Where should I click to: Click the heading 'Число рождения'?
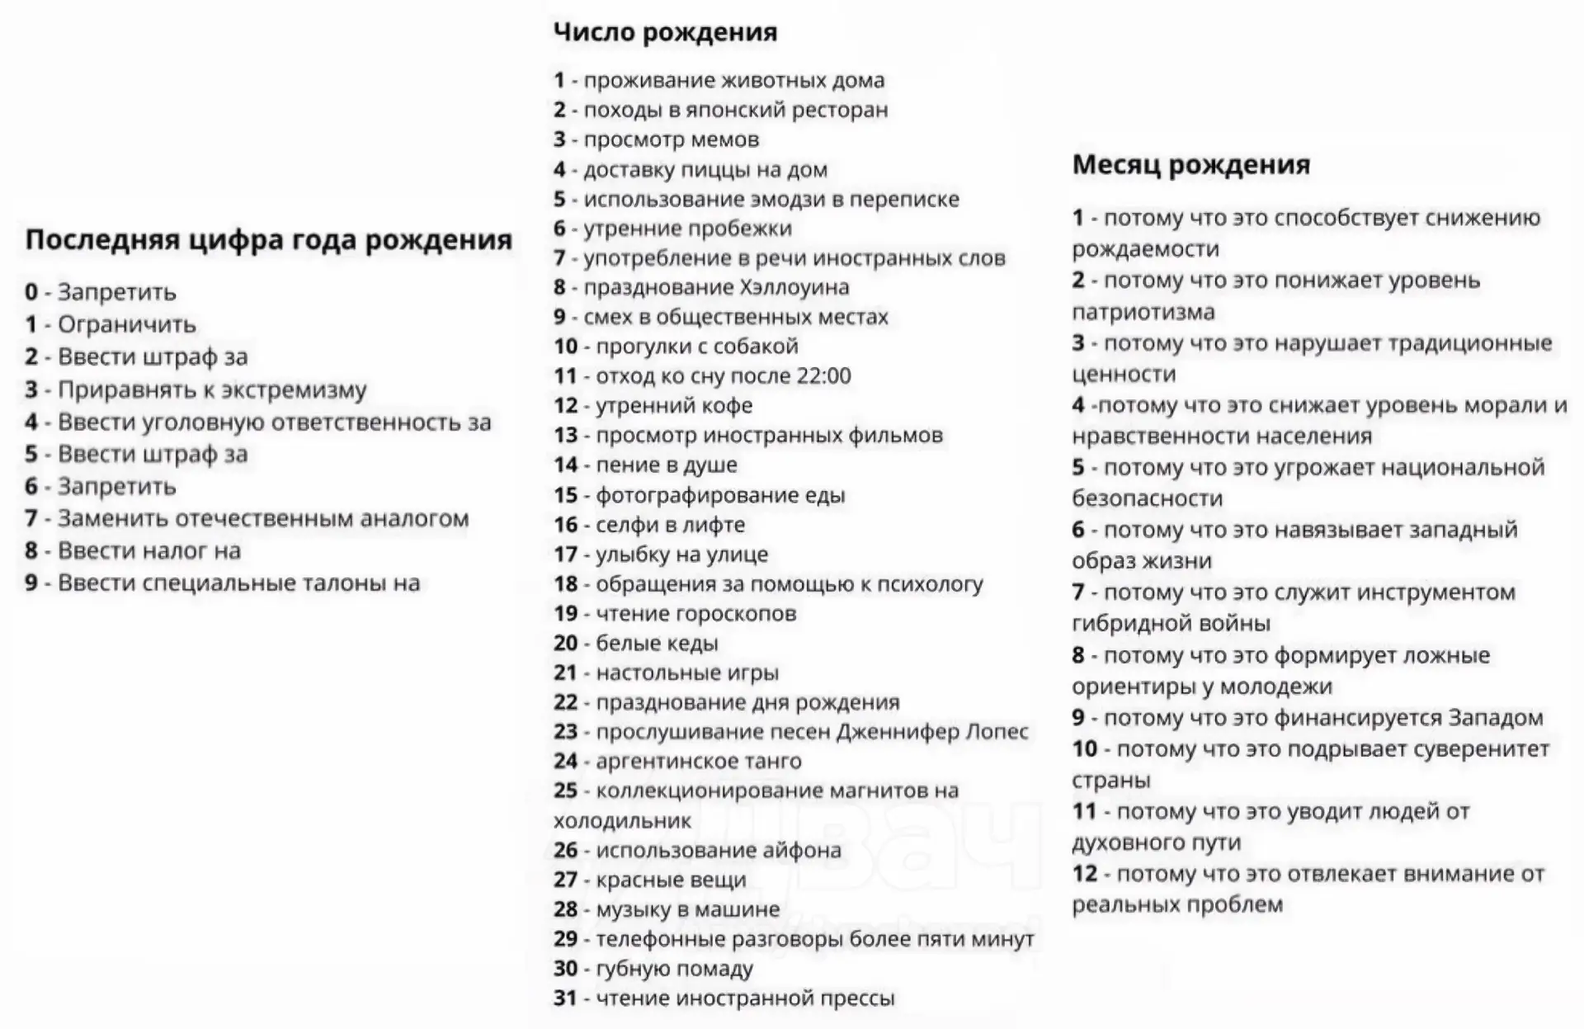point(665,33)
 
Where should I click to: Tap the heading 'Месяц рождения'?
point(1190,165)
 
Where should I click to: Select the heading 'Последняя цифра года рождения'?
point(268,240)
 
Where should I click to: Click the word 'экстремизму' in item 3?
point(294,389)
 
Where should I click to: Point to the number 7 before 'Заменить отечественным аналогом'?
point(31,519)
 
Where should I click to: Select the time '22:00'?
point(823,376)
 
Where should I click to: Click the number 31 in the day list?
point(565,998)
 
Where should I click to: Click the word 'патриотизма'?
point(1143,312)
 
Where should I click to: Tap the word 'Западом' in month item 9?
point(1495,718)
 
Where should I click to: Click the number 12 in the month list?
point(1084,874)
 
